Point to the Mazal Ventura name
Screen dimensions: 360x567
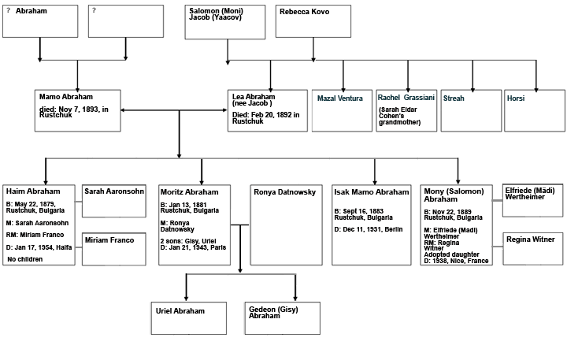339,98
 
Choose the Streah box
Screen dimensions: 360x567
471,109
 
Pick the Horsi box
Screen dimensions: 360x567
535,109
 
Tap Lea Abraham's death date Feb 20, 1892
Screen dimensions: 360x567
266,118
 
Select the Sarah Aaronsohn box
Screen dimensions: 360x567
113,201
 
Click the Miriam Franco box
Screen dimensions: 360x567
113,248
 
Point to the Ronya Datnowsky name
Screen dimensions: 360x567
286,192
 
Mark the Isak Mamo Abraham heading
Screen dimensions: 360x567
371,192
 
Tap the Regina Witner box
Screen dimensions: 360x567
532,248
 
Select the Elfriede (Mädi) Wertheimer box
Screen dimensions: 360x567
532,200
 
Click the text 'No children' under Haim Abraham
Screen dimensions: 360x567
27,258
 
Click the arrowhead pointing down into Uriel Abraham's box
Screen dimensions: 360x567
187,298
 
